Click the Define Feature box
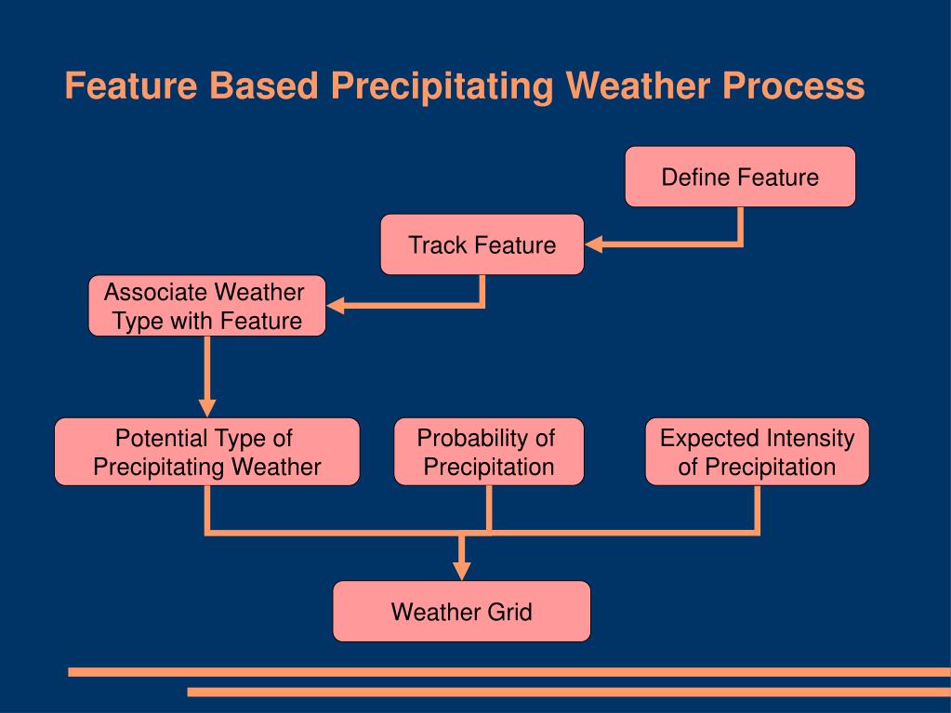tap(740, 177)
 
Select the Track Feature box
tap(482, 244)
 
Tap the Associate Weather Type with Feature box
tap(206, 306)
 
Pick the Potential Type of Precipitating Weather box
tap(206, 452)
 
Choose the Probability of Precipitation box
tap(489, 452)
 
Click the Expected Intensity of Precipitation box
tap(757, 452)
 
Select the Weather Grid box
tap(461, 611)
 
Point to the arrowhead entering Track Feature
tap(594, 244)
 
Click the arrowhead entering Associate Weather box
tap(336, 306)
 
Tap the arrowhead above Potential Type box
tap(206, 408)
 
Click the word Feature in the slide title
tap(131, 86)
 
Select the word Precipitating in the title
tap(442, 86)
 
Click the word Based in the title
tap(264, 86)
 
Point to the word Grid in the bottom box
tap(509, 611)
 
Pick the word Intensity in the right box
tap(810, 439)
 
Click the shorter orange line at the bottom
tap(569, 692)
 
